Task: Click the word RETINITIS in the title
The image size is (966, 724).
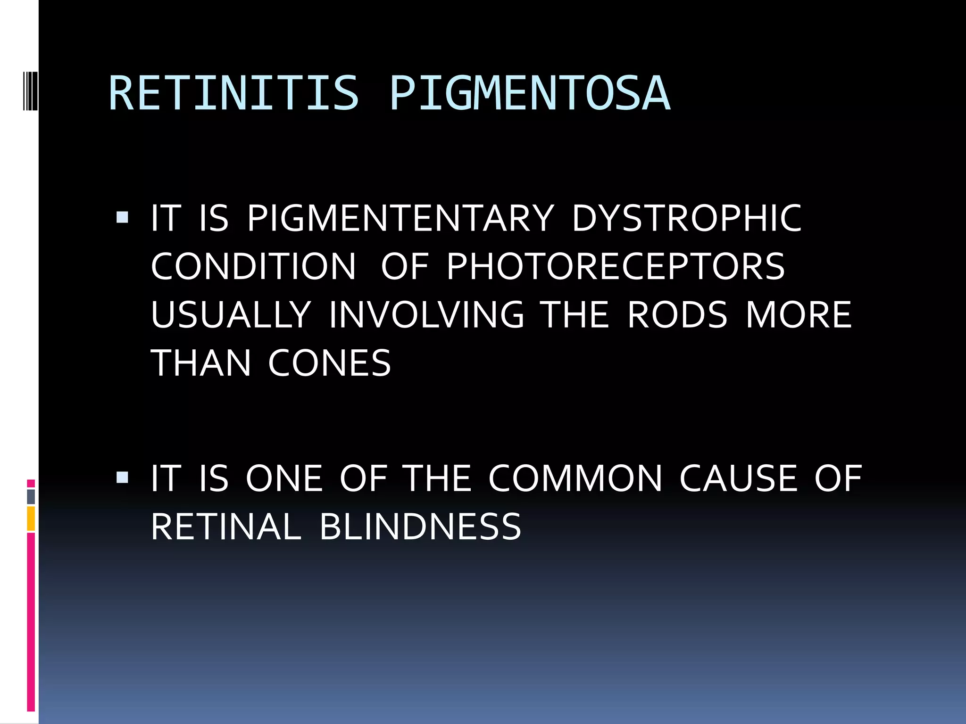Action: pyautogui.click(x=233, y=94)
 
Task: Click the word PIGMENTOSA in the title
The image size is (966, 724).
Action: pyautogui.click(x=529, y=94)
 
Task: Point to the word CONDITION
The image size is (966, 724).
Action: pyautogui.click(x=253, y=267)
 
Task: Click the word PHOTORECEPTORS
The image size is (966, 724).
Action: pyautogui.click(x=616, y=267)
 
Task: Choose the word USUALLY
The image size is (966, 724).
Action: pyautogui.click(x=231, y=315)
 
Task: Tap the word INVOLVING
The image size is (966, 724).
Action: pyautogui.click(x=426, y=315)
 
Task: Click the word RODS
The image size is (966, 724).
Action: pyautogui.click(x=678, y=315)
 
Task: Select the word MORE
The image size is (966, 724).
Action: pyautogui.click(x=799, y=315)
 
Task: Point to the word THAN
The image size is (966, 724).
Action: pyautogui.click(x=200, y=363)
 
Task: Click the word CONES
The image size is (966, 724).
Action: pyautogui.click(x=330, y=363)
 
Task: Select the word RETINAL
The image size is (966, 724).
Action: pyautogui.click(x=226, y=527)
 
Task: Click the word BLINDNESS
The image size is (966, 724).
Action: pyautogui.click(x=420, y=527)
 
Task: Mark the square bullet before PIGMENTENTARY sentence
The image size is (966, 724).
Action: pyautogui.click(x=122, y=218)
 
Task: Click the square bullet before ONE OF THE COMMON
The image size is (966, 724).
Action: pyautogui.click(x=122, y=478)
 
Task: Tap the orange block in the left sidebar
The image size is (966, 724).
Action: pyautogui.click(x=31, y=518)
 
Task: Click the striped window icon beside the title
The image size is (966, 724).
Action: pyautogui.click(x=30, y=84)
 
